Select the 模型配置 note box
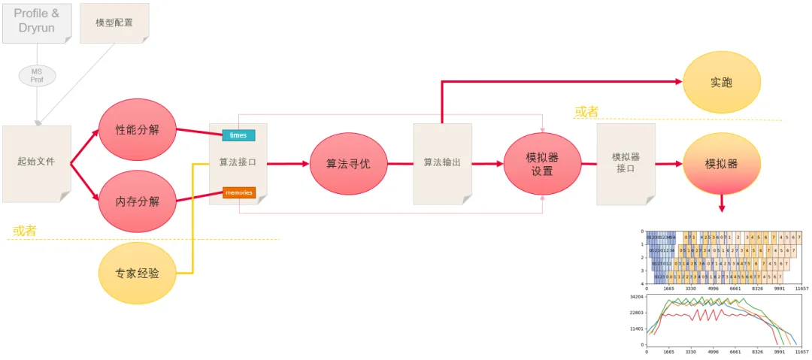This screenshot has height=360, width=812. tap(114, 22)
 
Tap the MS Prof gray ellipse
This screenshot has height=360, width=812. tap(37, 75)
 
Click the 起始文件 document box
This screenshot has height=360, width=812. tap(36, 162)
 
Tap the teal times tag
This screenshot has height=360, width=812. tap(238, 135)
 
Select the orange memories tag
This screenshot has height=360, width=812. tap(239, 193)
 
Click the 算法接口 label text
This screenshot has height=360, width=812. tap(238, 162)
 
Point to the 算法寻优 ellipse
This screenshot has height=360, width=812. tap(348, 162)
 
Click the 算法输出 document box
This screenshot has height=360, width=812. tap(442, 162)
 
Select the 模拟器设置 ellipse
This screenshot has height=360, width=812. tap(542, 163)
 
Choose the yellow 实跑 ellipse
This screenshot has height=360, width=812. tap(722, 82)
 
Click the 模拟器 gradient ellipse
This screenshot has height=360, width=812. tap(722, 163)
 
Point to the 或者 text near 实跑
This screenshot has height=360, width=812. tap(586, 112)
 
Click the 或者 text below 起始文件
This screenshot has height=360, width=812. tap(24, 230)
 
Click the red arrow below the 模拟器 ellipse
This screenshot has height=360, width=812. tap(722, 203)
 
